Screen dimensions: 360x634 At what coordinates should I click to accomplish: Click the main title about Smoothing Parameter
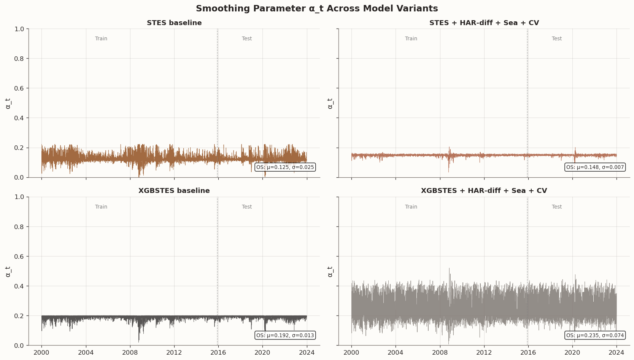click(x=317, y=9)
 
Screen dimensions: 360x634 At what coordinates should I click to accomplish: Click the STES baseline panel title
click(x=174, y=23)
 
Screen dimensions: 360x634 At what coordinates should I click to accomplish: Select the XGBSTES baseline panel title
click(x=174, y=191)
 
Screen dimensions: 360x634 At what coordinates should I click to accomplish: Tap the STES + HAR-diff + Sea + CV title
click(x=484, y=23)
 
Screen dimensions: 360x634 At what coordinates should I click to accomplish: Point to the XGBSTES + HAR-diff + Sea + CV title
click(x=484, y=191)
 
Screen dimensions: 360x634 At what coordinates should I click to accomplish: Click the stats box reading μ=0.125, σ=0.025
click(x=285, y=167)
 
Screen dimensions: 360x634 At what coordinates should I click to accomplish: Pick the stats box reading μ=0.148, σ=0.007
click(x=595, y=167)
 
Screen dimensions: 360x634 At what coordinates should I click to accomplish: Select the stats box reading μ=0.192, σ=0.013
click(x=285, y=335)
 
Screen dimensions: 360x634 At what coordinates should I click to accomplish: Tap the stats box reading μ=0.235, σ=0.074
click(x=595, y=335)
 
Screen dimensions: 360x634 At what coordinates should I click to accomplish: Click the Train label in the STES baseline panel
click(x=101, y=38)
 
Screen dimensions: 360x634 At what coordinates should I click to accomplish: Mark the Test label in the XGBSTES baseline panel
click(x=247, y=207)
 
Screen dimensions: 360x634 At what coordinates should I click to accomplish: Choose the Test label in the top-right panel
click(x=557, y=38)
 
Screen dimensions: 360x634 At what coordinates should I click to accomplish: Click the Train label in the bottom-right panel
click(x=411, y=207)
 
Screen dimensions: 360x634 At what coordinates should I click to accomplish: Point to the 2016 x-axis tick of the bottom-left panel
click(x=218, y=352)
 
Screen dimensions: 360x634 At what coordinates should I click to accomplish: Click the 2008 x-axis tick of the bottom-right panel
click(x=440, y=352)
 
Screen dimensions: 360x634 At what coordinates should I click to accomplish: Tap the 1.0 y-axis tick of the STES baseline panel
click(x=19, y=29)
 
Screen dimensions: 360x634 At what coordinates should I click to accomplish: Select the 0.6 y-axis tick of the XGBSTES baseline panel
click(x=19, y=256)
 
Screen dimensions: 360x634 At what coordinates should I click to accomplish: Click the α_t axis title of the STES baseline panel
click(x=8, y=103)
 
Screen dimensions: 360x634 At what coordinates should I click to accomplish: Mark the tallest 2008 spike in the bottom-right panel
click(x=449, y=269)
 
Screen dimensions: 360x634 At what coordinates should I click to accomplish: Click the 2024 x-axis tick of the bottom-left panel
click(x=307, y=352)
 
